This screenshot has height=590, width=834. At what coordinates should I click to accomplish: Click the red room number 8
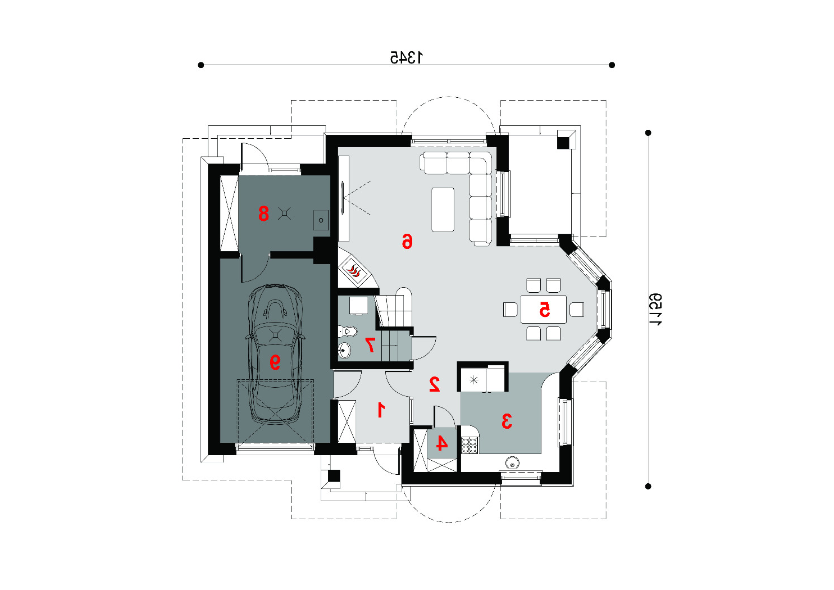click(263, 214)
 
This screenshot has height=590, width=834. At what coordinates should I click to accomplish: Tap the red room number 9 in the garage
click(275, 362)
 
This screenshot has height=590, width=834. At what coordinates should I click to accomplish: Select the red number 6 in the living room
click(407, 240)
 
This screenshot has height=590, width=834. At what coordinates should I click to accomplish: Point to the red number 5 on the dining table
click(545, 310)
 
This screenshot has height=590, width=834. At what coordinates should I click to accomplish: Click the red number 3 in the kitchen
click(507, 421)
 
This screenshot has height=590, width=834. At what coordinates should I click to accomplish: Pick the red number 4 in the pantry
click(441, 443)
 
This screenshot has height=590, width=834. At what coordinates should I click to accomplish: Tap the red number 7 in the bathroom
click(370, 344)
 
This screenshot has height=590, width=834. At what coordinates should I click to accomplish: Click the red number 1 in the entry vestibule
click(381, 410)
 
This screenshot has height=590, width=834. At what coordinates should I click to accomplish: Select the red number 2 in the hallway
click(435, 384)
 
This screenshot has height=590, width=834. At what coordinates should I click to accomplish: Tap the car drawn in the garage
click(275, 354)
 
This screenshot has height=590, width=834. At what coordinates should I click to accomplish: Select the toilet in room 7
click(348, 331)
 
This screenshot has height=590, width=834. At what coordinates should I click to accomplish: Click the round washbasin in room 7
click(344, 350)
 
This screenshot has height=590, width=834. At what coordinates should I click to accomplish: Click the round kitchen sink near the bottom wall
click(513, 464)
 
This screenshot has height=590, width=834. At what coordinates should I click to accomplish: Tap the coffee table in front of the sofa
click(443, 210)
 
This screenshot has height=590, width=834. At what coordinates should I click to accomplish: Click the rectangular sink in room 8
click(321, 220)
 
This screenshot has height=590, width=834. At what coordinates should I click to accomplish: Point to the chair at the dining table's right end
click(577, 310)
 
